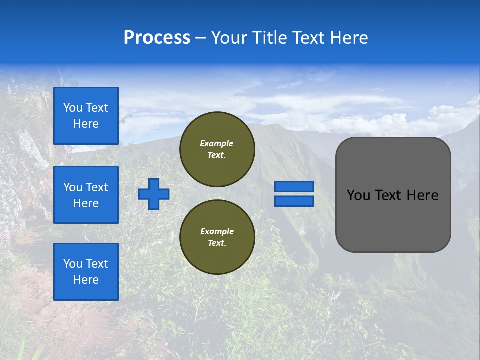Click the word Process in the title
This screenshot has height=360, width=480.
point(157,38)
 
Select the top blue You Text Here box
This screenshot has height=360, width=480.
point(86,116)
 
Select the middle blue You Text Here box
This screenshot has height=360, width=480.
point(86,195)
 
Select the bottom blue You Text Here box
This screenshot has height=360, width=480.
point(86,272)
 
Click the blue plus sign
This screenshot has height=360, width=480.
point(154,194)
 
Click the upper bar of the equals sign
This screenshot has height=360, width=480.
point(294,186)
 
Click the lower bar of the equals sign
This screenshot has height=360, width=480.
point(294,201)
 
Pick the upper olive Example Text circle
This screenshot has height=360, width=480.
point(217,149)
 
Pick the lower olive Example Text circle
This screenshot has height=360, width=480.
point(217,237)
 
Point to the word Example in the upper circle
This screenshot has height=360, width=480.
point(216,143)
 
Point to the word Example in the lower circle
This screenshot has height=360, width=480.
point(217,231)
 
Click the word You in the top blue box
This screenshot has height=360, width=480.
point(73,108)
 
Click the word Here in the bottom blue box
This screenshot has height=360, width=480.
point(86,280)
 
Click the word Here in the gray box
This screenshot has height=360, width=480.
point(423,195)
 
